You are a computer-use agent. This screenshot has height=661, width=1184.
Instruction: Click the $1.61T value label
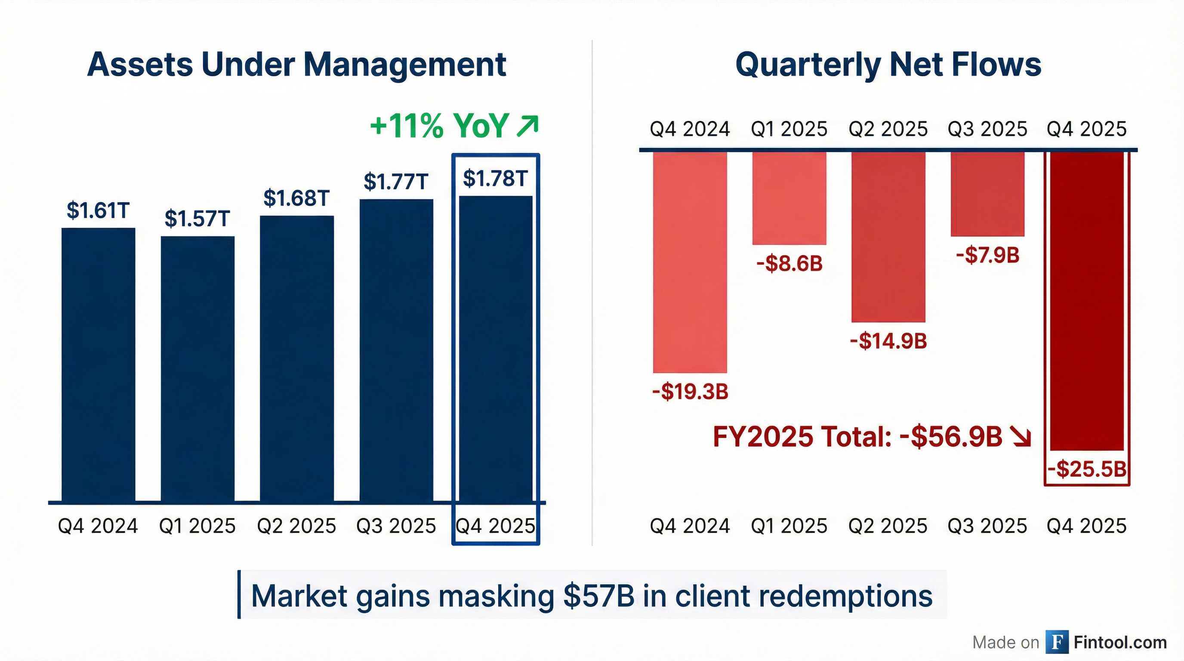[98, 210]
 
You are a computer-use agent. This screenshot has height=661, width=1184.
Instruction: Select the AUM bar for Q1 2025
[197, 368]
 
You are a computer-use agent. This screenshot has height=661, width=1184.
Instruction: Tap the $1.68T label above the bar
[296, 198]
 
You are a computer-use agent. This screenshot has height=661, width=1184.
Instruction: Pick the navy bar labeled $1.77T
[396, 349]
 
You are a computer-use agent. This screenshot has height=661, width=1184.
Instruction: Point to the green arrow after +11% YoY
[527, 126]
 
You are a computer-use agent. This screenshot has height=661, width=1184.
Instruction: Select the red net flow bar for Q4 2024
[690, 262]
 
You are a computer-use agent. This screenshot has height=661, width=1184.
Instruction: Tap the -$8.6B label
[789, 263]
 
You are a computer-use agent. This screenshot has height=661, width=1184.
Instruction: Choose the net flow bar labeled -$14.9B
[888, 237]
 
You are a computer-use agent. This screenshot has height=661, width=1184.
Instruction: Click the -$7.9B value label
[987, 255]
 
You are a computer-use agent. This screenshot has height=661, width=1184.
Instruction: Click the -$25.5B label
[1087, 469]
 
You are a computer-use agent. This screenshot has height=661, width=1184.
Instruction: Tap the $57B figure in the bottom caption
[598, 596]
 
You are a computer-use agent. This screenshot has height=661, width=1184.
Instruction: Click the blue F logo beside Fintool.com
[1057, 642]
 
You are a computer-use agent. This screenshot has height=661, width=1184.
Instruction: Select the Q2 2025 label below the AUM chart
[296, 526]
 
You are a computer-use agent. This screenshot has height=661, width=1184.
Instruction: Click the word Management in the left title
[404, 65]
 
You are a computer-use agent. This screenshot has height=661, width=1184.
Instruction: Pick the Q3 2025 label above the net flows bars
[987, 129]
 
